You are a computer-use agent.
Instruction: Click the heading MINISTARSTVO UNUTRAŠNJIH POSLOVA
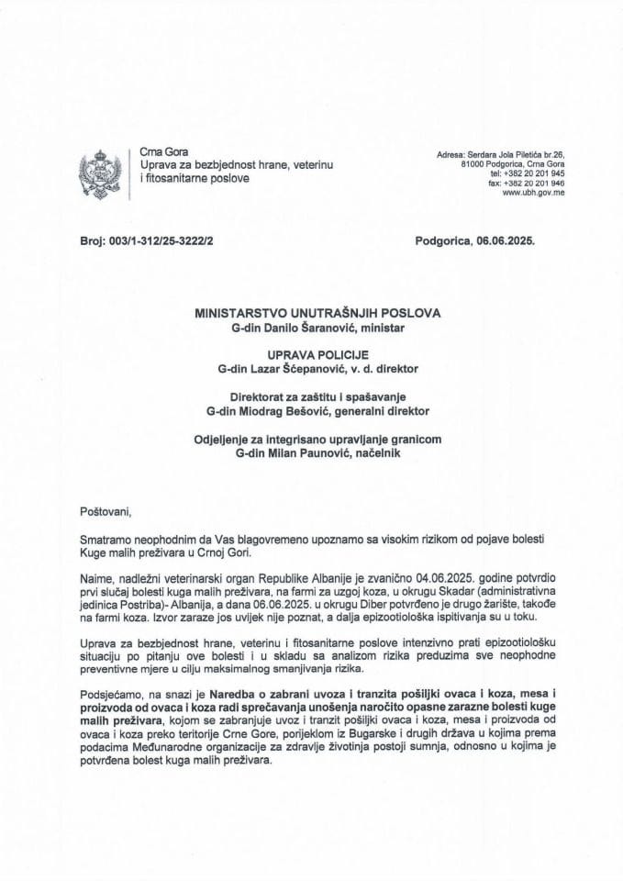[317, 312]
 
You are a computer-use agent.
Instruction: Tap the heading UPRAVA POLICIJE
[317, 354]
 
